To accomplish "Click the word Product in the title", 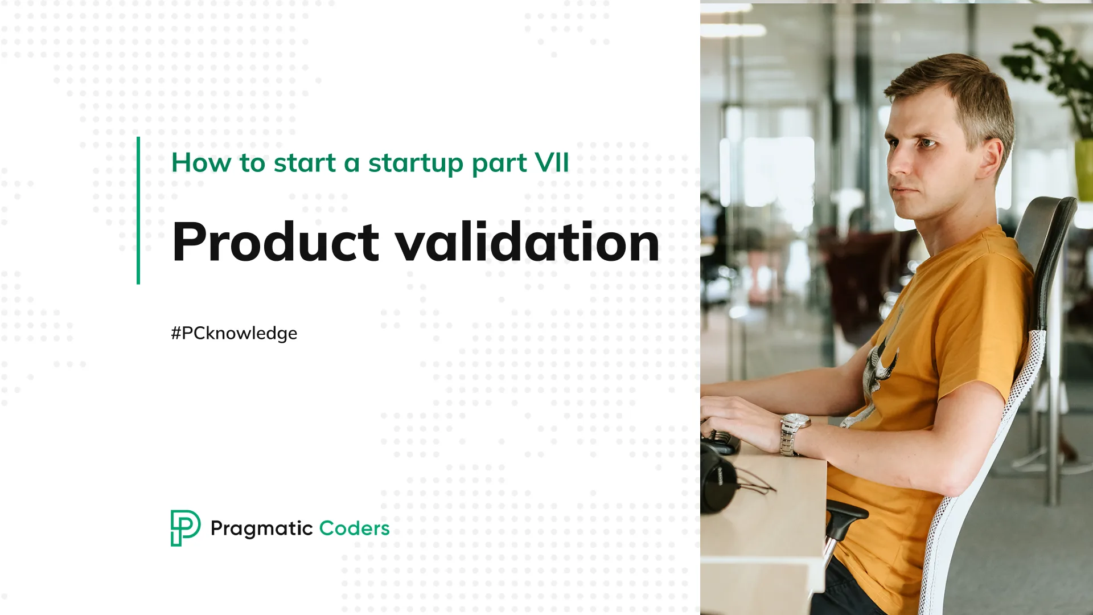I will [x=276, y=243].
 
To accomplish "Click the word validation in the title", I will [x=527, y=243].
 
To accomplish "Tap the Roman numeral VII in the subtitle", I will [x=551, y=163].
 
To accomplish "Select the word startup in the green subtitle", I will [x=416, y=164].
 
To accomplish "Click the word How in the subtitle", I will [x=201, y=163].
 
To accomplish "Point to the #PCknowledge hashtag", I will [x=234, y=333].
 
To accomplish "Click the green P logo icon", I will [x=185, y=528].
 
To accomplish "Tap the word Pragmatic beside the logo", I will [x=261, y=529].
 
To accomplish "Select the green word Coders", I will [x=354, y=528].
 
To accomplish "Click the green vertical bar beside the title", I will [x=138, y=211].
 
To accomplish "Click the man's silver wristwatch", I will [x=794, y=433].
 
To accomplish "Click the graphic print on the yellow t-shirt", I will [x=880, y=370].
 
